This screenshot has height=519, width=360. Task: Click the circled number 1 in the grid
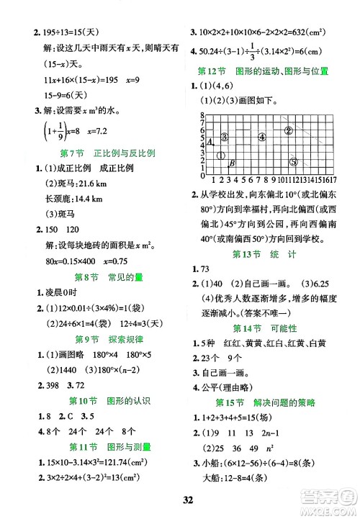coord(222,155)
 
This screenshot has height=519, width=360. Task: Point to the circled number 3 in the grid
coord(225,137)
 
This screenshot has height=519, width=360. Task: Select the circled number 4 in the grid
coord(262,137)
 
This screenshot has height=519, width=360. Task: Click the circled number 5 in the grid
coord(293,161)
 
